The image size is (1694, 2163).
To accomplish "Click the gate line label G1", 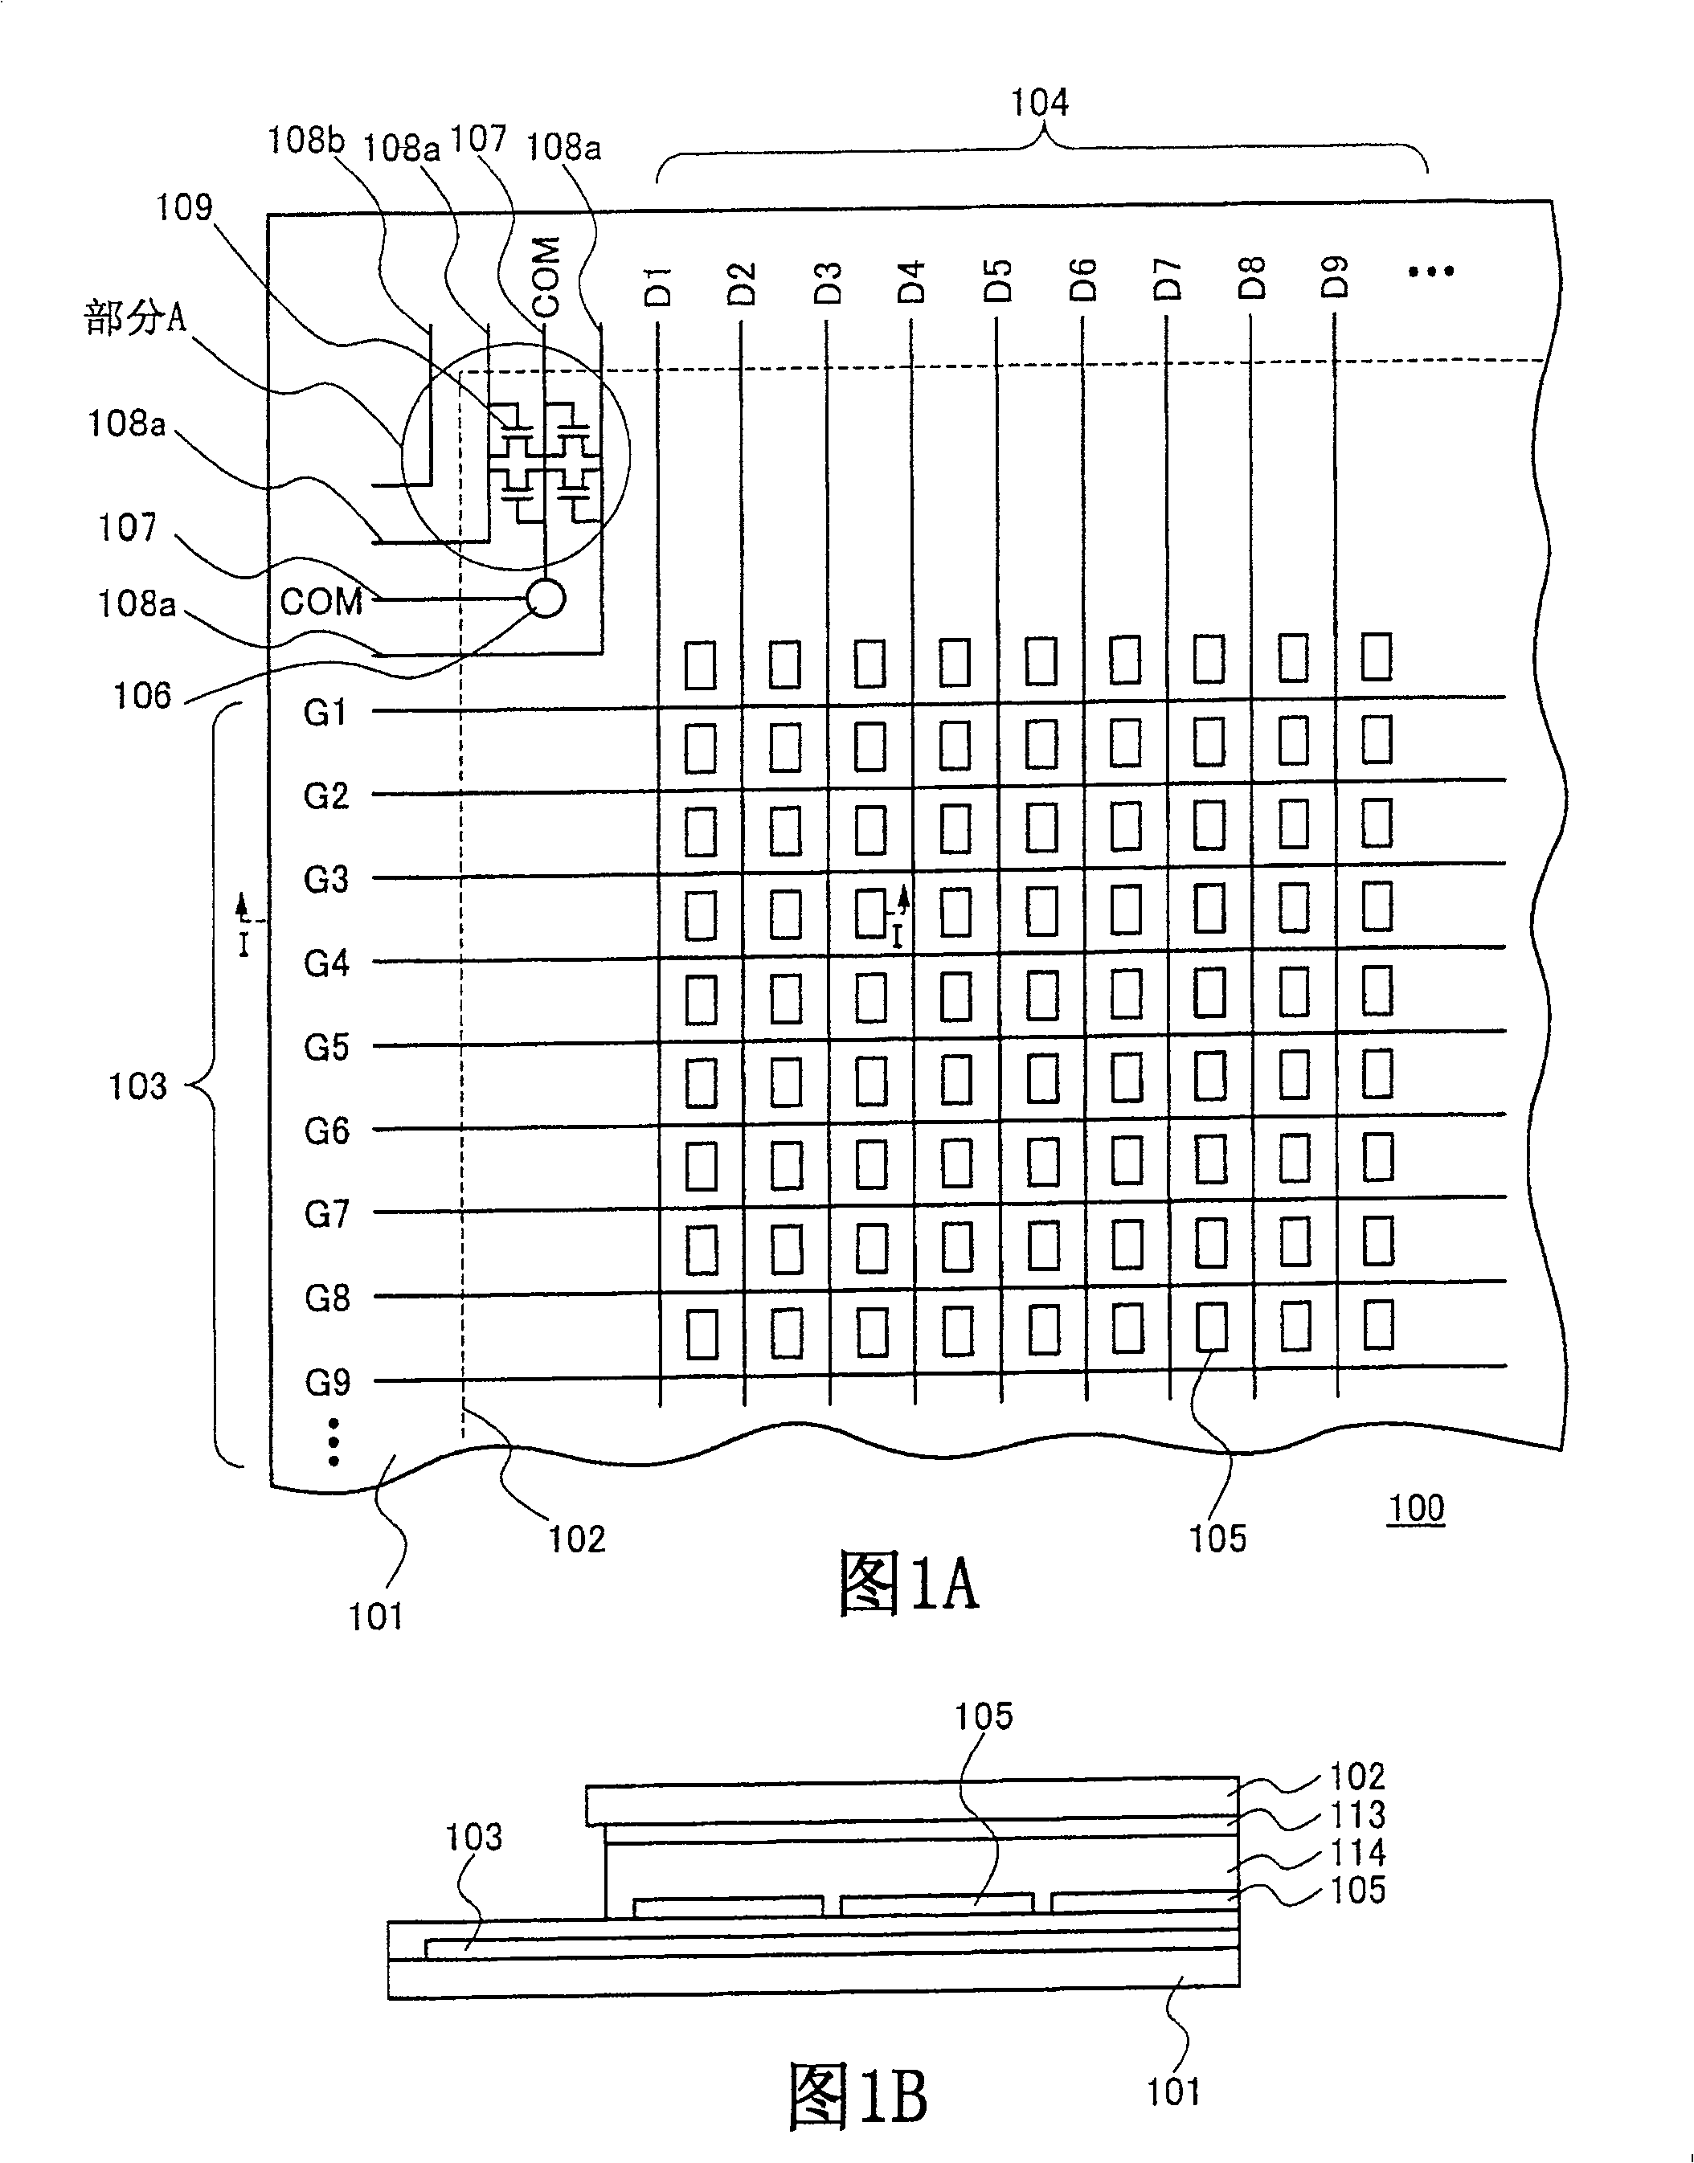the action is click(x=325, y=712).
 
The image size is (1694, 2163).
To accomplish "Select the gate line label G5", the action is click(x=326, y=1047).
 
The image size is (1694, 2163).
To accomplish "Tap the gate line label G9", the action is click(x=327, y=1381).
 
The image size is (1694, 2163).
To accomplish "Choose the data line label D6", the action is click(x=1083, y=279).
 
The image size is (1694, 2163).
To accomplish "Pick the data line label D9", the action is click(x=1336, y=276).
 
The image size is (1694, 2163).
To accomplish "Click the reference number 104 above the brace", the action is click(x=1039, y=102).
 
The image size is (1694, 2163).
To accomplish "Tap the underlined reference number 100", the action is click(x=1415, y=1508).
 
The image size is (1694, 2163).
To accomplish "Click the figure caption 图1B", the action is click(x=858, y=2096).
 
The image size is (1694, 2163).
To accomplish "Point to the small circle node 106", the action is click(x=546, y=598).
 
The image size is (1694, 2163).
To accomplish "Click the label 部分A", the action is click(x=135, y=318).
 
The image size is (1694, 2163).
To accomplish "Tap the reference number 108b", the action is click(x=305, y=140).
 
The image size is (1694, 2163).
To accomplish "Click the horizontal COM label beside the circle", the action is click(x=321, y=602).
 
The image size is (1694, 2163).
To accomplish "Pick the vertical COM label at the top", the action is click(x=546, y=276).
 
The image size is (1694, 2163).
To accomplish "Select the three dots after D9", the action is click(x=1431, y=271).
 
